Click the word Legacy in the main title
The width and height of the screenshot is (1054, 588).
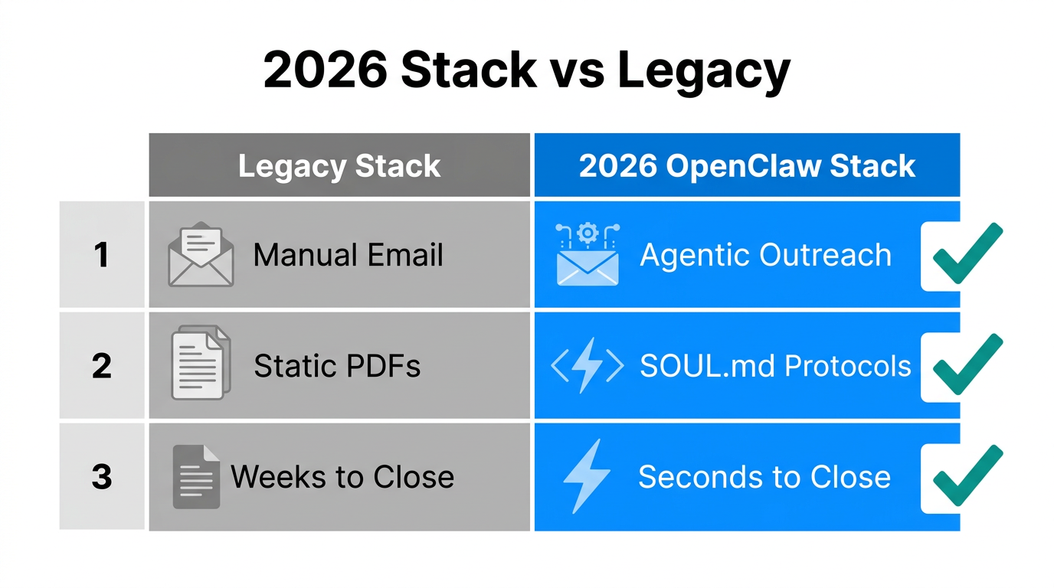703,70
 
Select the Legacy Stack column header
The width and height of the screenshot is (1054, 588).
339,166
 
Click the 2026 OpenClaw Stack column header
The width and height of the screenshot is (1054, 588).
747,166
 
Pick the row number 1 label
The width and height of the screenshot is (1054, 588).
101,255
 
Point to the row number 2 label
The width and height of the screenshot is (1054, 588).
101,366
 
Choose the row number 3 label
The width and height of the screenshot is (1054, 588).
101,477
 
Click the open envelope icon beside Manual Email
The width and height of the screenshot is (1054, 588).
201,254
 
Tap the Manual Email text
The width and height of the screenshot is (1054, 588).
348,255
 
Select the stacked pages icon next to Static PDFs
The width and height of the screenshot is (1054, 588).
200,363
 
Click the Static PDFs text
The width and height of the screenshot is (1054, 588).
337,366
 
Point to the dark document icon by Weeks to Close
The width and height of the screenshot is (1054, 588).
196,476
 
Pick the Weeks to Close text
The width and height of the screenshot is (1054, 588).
342,477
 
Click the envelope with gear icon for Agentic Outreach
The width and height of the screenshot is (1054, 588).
588,255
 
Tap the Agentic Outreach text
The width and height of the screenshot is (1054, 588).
765,255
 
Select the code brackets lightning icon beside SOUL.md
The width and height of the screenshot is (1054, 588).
588,366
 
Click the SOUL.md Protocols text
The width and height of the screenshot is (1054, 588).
775,366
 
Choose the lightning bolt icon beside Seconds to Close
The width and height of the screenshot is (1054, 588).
586,476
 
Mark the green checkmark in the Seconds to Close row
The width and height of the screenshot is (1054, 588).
967,475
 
